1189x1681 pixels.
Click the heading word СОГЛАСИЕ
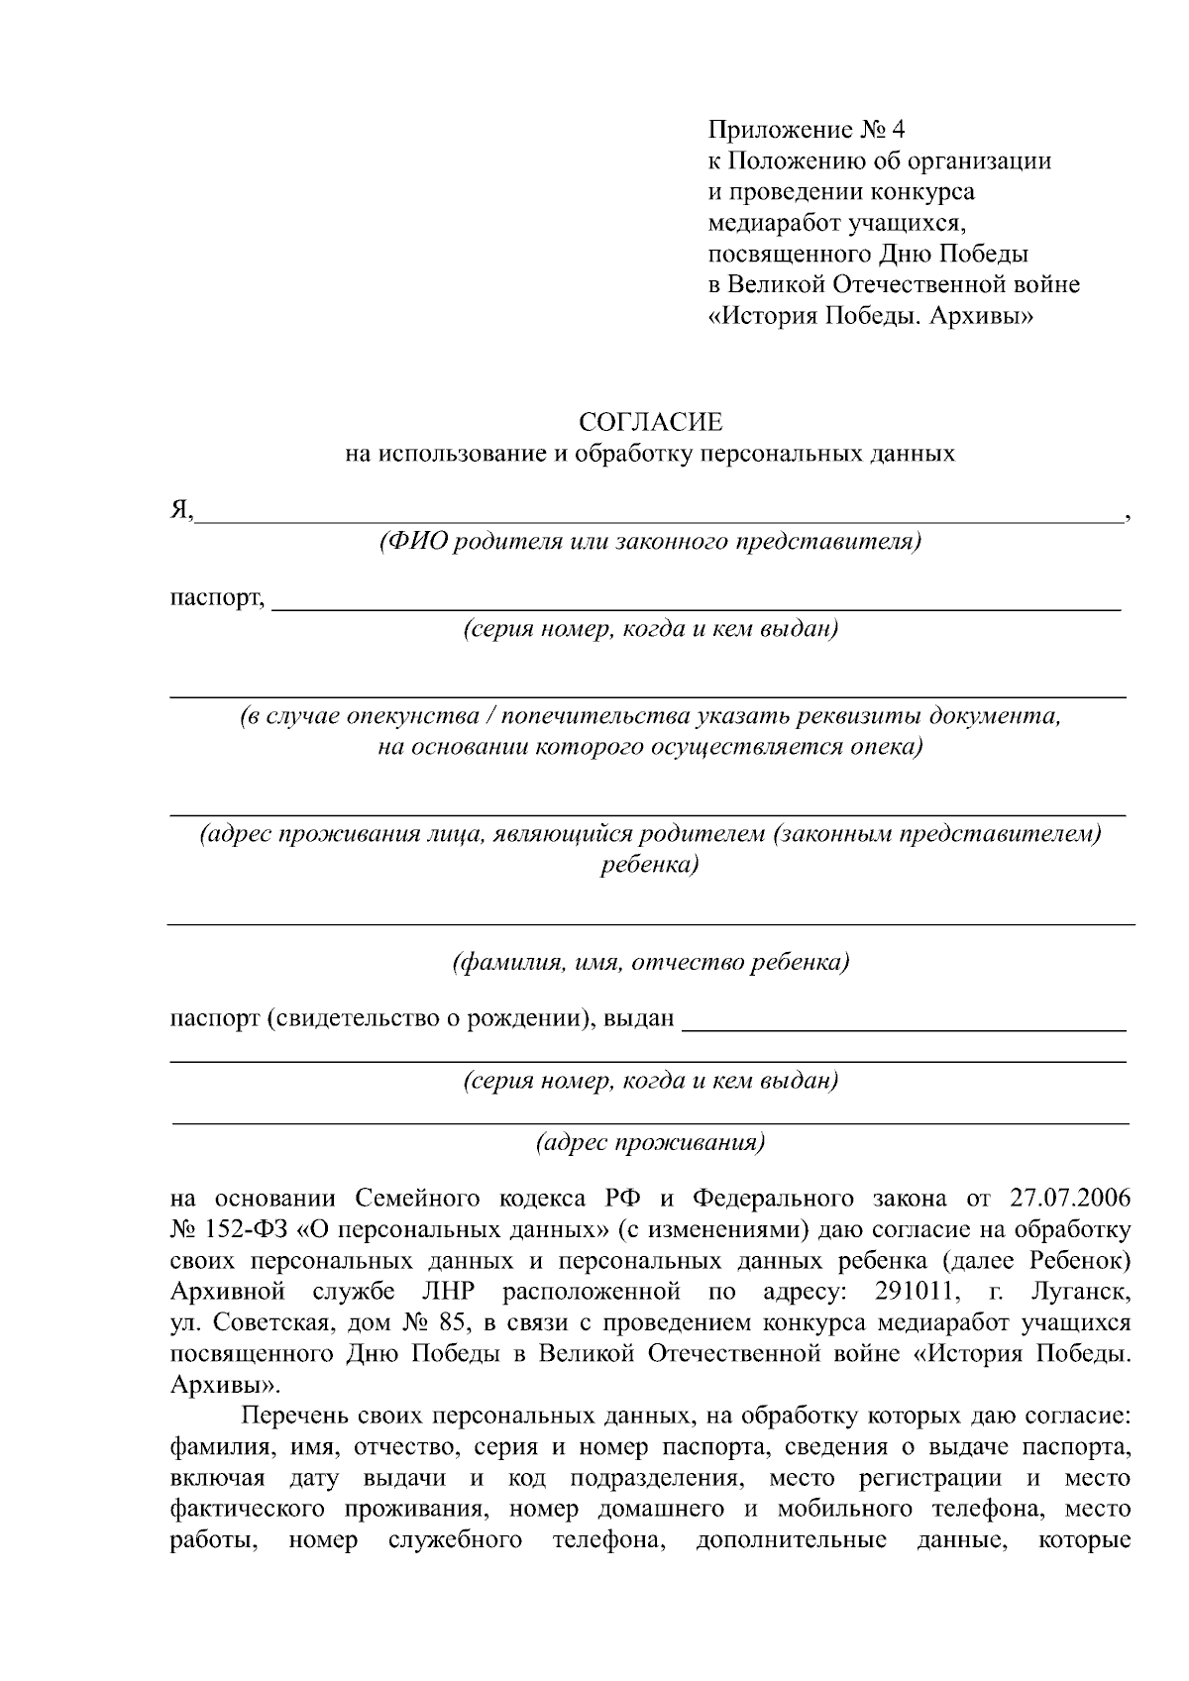[x=651, y=423]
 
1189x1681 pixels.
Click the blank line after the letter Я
[x=659, y=515]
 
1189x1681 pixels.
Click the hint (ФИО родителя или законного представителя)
[x=651, y=542]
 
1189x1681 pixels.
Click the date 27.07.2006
[x=1070, y=1199]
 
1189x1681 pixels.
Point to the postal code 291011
[x=913, y=1292]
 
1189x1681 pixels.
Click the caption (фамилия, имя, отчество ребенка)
[x=651, y=962]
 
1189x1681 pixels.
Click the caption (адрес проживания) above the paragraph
[x=651, y=1143]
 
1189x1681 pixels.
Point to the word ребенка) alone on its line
[x=651, y=865]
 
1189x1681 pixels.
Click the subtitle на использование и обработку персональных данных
[x=651, y=455]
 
